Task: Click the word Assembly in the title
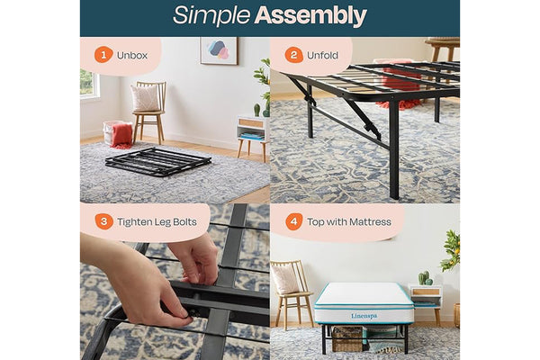(310, 16)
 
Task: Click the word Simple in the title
(211, 15)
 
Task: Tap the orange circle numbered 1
(103, 55)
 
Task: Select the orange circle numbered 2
(293, 55)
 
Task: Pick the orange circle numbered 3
(103, 221)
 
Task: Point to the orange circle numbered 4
(294, 221)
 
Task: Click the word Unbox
(132, 55)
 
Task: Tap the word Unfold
(322, 55)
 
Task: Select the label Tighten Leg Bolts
(157, 222)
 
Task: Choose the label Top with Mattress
(349, 222)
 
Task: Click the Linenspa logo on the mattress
(364, 316)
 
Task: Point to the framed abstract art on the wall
(219, 50)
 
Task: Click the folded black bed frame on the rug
(158, 162)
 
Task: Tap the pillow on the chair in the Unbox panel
(145, 98)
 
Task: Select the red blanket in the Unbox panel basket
(121, 135)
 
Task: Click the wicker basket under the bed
(347, 338)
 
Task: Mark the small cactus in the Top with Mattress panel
(425, 278)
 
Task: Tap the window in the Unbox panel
(89, 84)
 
